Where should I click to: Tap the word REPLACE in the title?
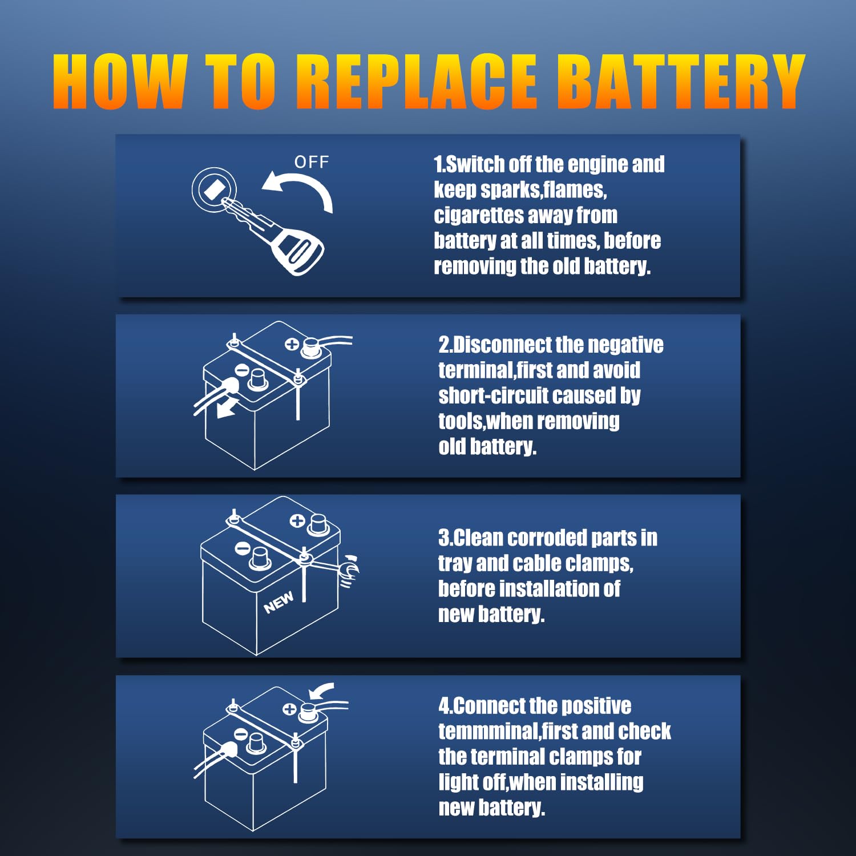coord(417,81)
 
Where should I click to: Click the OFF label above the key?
coord(312,162)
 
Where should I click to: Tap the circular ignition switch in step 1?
coord(212,188)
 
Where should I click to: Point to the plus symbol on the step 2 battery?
coord(292,344)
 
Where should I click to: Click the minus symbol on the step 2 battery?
coord(241,370)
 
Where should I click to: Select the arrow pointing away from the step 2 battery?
coord(228,407)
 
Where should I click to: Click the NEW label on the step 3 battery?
coord(278,602)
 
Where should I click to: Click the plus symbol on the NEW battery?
coord(297,520)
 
